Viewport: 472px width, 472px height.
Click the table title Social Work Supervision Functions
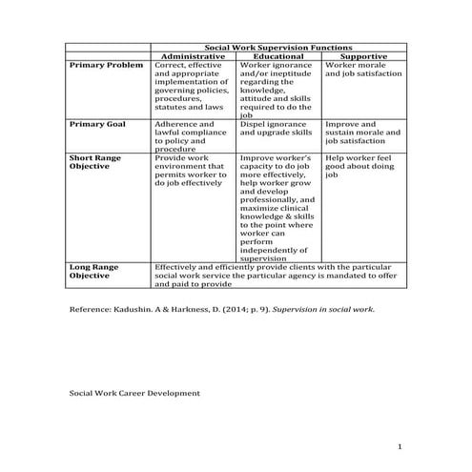278,47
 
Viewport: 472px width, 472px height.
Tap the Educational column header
278,56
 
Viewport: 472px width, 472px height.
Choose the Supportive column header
363,56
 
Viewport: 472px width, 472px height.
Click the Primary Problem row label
107,66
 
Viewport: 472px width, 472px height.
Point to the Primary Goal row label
100,125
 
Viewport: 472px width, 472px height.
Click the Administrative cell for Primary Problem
191,90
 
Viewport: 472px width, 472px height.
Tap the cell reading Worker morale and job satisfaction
363,70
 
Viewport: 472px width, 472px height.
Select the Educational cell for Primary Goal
277,130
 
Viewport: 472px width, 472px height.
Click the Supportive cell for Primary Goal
363,134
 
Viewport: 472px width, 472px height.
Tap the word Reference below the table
93,310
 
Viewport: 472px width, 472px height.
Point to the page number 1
401,446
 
